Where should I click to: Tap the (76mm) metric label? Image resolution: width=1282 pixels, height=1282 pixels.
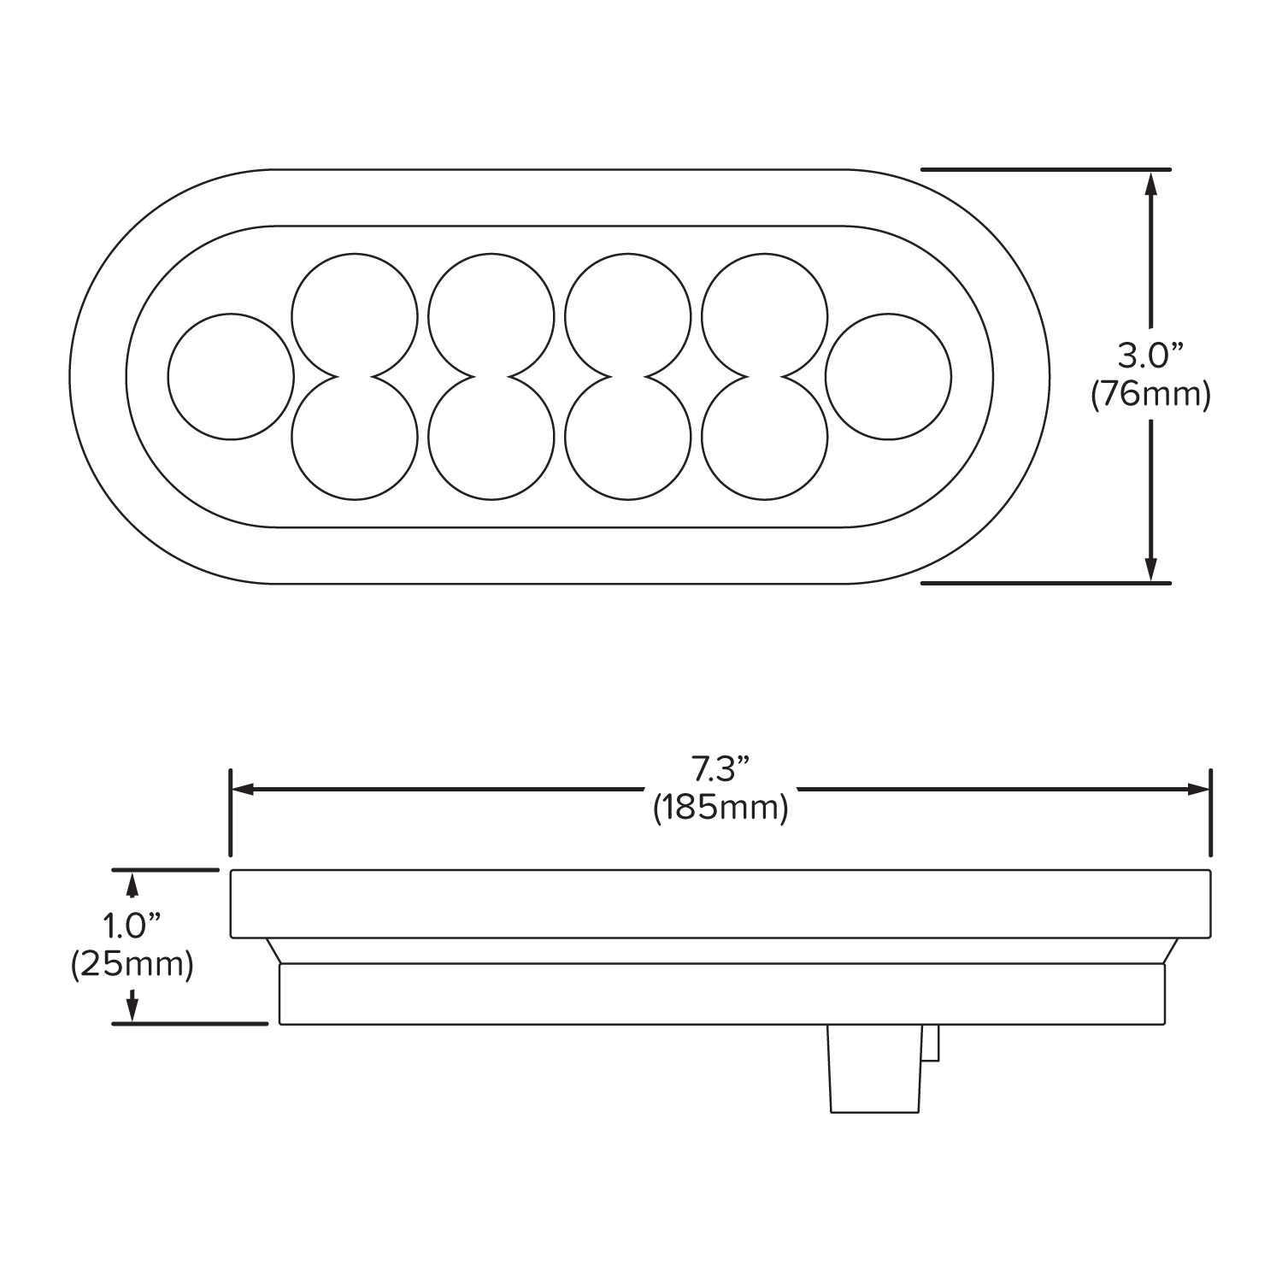point(1151,396)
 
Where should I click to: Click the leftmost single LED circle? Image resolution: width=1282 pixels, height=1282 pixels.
point(231,376)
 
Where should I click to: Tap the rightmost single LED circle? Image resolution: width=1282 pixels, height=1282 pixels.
point(889,376)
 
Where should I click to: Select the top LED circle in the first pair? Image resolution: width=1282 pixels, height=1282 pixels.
point(355,315)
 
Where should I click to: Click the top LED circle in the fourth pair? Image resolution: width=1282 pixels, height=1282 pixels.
point(765,315)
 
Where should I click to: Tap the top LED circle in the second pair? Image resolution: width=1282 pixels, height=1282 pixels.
point(491,315)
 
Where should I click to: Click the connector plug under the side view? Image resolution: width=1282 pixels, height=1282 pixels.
point(880,1067)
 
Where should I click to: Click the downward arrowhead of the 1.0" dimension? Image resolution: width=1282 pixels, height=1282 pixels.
point(132,1007)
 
